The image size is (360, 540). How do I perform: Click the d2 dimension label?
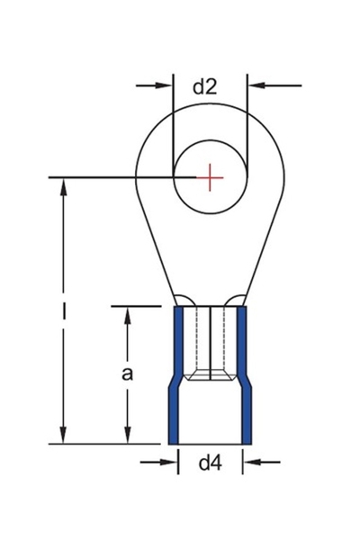[x=206, y=86]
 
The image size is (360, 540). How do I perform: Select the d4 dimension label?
[x=210, y=463]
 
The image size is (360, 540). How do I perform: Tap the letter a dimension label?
[x=127, y=374]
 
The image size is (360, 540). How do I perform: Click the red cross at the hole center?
[x=210, y=178]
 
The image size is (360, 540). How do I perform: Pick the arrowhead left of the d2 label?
[x=165, y=86]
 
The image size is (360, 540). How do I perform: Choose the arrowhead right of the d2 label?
[x=255, y=86]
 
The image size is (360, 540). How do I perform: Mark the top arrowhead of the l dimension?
[x=64, y=186]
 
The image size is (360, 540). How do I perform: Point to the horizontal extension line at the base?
[x=108, y=444]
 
